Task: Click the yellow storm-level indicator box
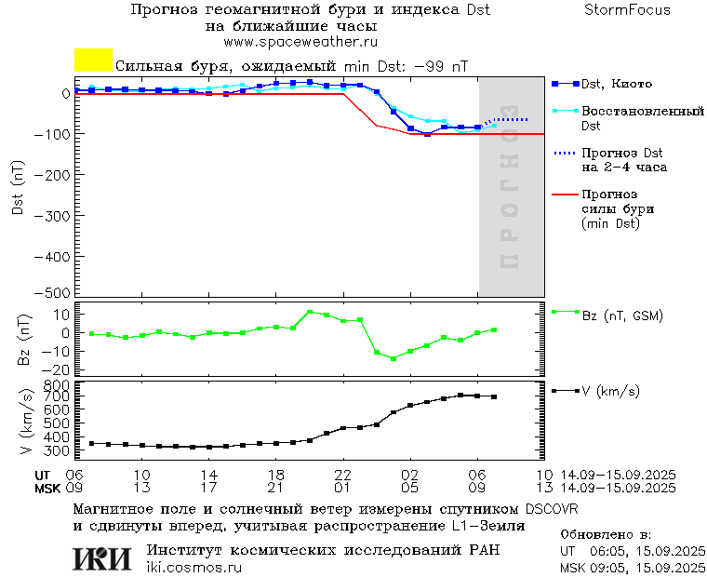point(93,60)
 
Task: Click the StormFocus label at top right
point(627,10)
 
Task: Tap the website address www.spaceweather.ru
point(300,42)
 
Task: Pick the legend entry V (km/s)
point(610,391)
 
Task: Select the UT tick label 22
point(343,475)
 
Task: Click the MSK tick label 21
point(276,488)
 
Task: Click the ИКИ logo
point(103,557)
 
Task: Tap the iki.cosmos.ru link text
point(194,568)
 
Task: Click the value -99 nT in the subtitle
point(439,67)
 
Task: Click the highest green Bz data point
point(310,313)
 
